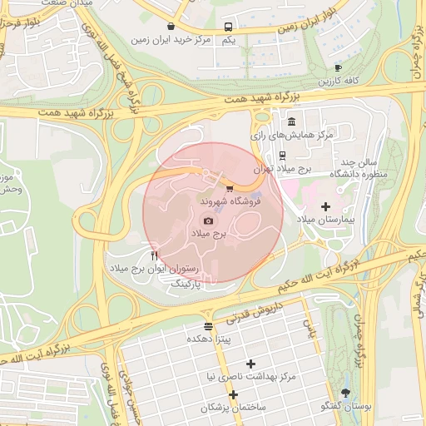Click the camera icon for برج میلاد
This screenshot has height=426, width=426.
208,220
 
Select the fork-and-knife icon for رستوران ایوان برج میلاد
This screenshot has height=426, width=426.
154,255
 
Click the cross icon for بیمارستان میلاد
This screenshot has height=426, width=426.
325,206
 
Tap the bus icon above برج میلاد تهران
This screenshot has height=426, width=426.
283,155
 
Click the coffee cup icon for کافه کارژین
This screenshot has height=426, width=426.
338,68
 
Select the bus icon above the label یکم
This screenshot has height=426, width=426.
229,27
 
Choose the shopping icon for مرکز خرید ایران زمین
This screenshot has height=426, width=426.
171,26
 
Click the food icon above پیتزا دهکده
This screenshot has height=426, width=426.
208,326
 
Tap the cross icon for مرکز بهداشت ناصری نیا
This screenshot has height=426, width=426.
250,364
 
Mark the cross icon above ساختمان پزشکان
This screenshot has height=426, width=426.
234,394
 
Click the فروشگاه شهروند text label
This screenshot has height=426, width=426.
231,202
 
